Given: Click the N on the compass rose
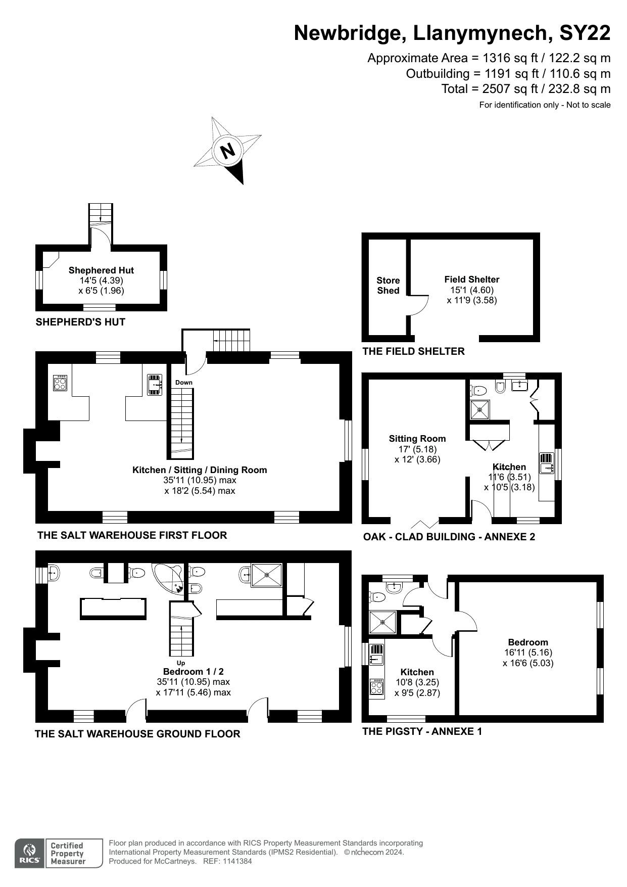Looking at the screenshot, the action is coord(228,150).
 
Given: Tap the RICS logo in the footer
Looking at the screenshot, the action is coord(30,854).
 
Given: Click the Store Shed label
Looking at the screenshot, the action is coord(388,286).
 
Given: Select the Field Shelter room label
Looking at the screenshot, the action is coord(472,279).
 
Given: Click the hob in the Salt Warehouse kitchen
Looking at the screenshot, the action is coord(60,383).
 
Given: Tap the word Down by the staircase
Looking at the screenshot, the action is coord(184,383).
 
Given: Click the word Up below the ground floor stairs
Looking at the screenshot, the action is coord(181,663).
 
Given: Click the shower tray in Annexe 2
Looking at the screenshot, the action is coord(480,409).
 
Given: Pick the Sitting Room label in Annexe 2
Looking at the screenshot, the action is coord(417,439).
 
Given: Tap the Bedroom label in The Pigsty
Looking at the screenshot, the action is coord(528,642).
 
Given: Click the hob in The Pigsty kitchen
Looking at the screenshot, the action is coord(376,686).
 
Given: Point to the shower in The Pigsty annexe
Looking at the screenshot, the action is coord(382,622).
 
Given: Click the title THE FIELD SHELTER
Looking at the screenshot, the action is coord(413,351).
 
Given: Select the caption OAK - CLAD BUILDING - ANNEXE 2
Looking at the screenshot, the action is coord(449,537).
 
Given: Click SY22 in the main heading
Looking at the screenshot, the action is coord(585,33).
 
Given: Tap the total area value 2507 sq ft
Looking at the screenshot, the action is coord(501,89).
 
